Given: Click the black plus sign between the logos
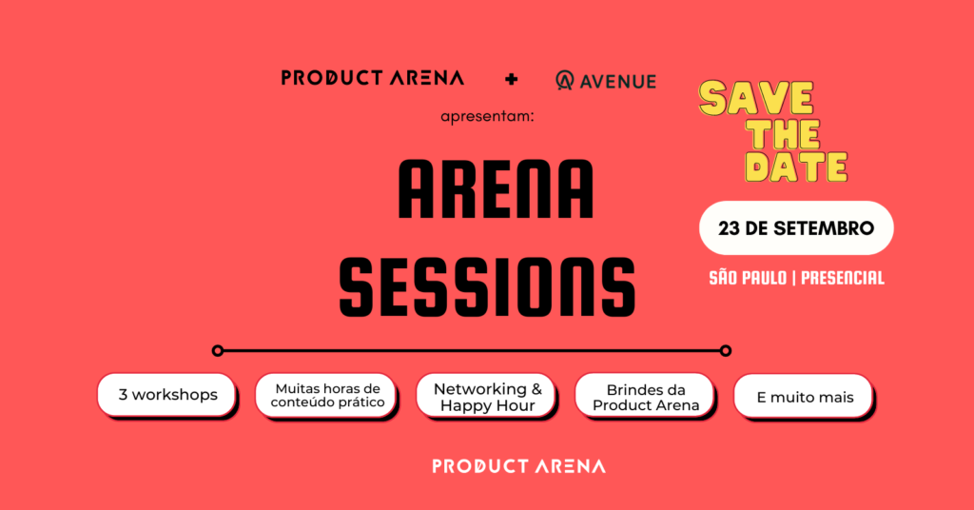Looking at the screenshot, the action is tap(511, 79).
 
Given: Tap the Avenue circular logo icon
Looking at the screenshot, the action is tap(564, 81).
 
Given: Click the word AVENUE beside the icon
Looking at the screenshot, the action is tap(617, 82).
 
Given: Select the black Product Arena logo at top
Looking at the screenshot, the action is tap(373, 78).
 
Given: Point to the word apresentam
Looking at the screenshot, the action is tap(487, 116).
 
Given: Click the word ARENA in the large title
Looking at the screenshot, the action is tap(496, 189).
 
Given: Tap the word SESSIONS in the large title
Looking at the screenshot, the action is tap(488, 288).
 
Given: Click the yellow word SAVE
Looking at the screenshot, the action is tap(756, 99).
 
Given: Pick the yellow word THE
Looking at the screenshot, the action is tap(784, 133).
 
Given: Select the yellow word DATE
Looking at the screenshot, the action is tap(796, 167).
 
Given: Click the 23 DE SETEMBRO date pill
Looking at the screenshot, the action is tap(796, 228).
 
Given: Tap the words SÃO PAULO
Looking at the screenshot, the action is tap(748, 278).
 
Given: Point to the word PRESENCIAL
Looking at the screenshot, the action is tap(843, 278).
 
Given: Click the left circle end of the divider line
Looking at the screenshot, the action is tap(218, 351).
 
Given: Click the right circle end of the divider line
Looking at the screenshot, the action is tap(726, 351).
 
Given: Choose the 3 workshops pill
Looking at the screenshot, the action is tap(166, 395).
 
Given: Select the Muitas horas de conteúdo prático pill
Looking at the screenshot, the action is tap(325, 395).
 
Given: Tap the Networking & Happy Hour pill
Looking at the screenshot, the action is tap(486, 396).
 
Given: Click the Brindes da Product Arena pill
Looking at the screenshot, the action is tap(645, 396).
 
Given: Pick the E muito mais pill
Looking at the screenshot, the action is tap(804, 397).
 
